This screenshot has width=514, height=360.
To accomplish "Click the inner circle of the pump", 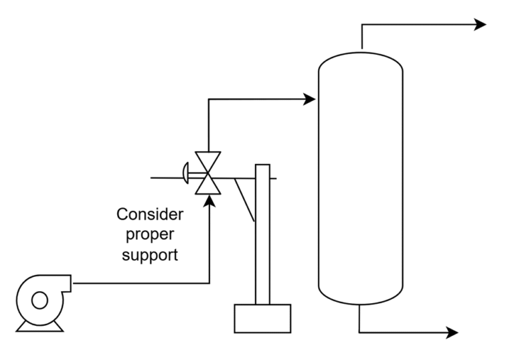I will coord(39,300).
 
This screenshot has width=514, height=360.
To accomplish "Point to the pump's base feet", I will coord(39,326).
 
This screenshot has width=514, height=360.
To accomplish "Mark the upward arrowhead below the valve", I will coord(209,201).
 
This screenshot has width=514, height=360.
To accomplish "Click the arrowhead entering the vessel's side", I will coord(309,100).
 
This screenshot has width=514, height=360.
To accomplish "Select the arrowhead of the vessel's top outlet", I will coord(480,25).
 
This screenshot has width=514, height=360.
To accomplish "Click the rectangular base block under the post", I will coord(262,318).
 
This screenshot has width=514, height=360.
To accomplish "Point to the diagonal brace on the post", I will coord(246,201).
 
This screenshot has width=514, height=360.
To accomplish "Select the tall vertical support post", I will coord(262,234).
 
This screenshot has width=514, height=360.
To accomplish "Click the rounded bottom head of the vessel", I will coord(360,294).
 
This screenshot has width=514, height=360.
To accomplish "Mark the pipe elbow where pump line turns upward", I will coord(209,283).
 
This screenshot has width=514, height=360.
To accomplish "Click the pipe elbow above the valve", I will coord(209,100).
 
